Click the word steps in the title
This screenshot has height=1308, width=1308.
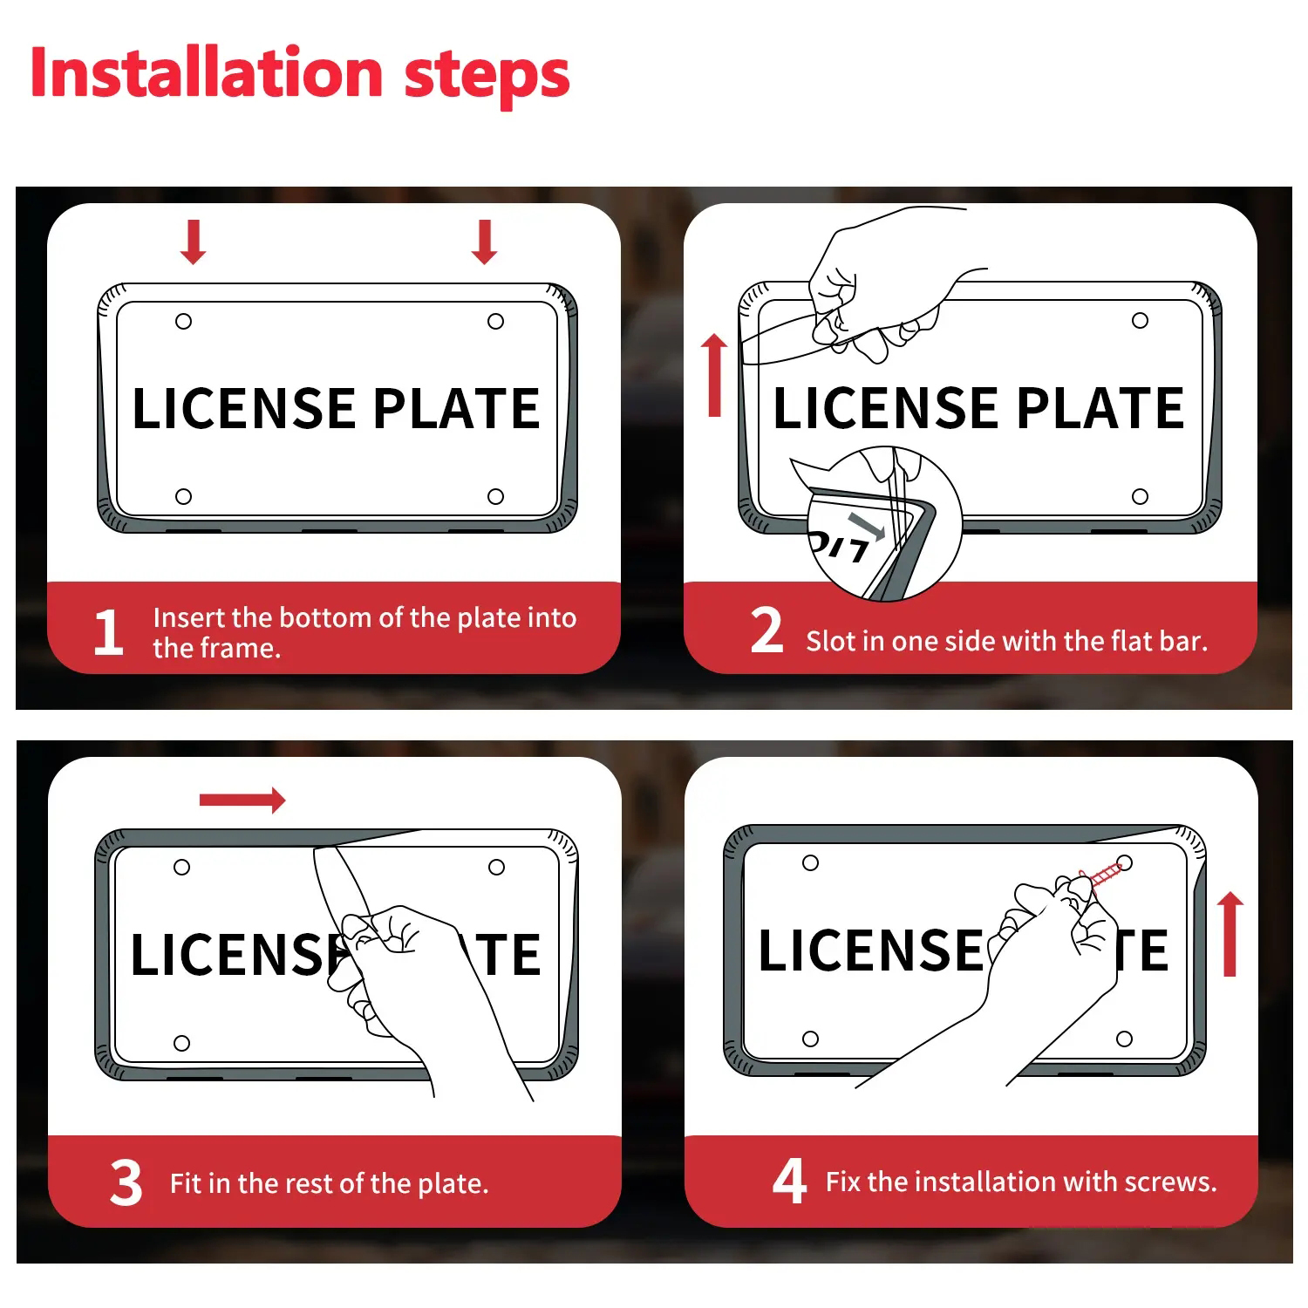(x=487, y=77)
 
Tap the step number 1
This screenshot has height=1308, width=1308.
(x=108, y=632)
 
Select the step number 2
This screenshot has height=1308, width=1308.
(x=766, y=630)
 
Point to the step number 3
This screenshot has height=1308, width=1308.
(x=126, y=1182)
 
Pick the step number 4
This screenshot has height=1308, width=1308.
(x=789, y=1181)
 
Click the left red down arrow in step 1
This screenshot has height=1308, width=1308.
(x=194, y=242)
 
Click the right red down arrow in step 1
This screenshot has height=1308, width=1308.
(x=485, y=242)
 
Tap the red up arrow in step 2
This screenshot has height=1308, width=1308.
(x=714, y=375)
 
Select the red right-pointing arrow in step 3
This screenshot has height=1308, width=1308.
(x=242, y=800)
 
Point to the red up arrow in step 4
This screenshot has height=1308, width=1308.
(x=1230, y=934)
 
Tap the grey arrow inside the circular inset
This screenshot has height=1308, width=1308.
(x=867, y=527)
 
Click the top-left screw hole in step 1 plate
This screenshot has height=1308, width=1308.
(x=183, y=322)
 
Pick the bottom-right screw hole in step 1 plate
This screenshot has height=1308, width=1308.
(x=495, y=496)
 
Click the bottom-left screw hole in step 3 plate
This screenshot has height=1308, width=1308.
(x=181, y=1043)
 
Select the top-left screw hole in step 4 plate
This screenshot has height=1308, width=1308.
(x=810, y=862)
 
